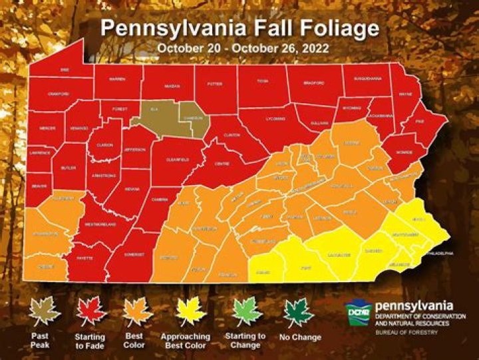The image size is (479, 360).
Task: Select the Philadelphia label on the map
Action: coord(439,254)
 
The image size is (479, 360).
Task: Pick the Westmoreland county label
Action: coord(100,225)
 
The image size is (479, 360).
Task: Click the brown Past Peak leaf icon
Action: coord(45,309)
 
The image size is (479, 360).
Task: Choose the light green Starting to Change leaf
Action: coord(245,311)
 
